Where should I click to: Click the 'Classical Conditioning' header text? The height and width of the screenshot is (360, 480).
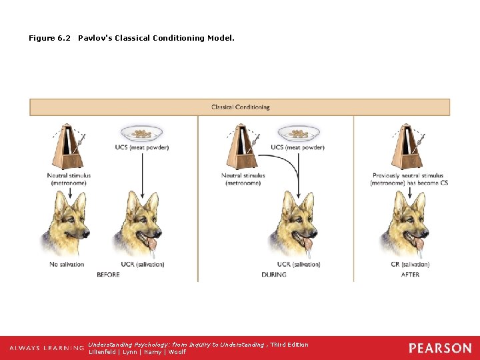tap(240, 107)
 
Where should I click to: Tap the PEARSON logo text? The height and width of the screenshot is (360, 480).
tap(439, 348)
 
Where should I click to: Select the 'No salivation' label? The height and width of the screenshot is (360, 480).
tap(67, 265)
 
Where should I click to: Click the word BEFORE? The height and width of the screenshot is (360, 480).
tap(109, 275)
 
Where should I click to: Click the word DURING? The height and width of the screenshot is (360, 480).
tap(273, 275)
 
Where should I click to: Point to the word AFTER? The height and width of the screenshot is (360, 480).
tap(411, 275)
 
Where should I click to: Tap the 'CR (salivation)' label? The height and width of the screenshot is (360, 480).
tap(410, 265)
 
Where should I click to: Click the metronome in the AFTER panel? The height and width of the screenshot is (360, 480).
tap(407, 145)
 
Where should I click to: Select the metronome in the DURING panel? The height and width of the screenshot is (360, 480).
tap(242, 145)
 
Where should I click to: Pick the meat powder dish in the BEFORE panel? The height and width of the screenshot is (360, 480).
tap(141, 133)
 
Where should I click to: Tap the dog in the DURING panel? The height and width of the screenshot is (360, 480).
tap(295, 223)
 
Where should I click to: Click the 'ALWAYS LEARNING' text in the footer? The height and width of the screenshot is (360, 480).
tap(47, 348)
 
